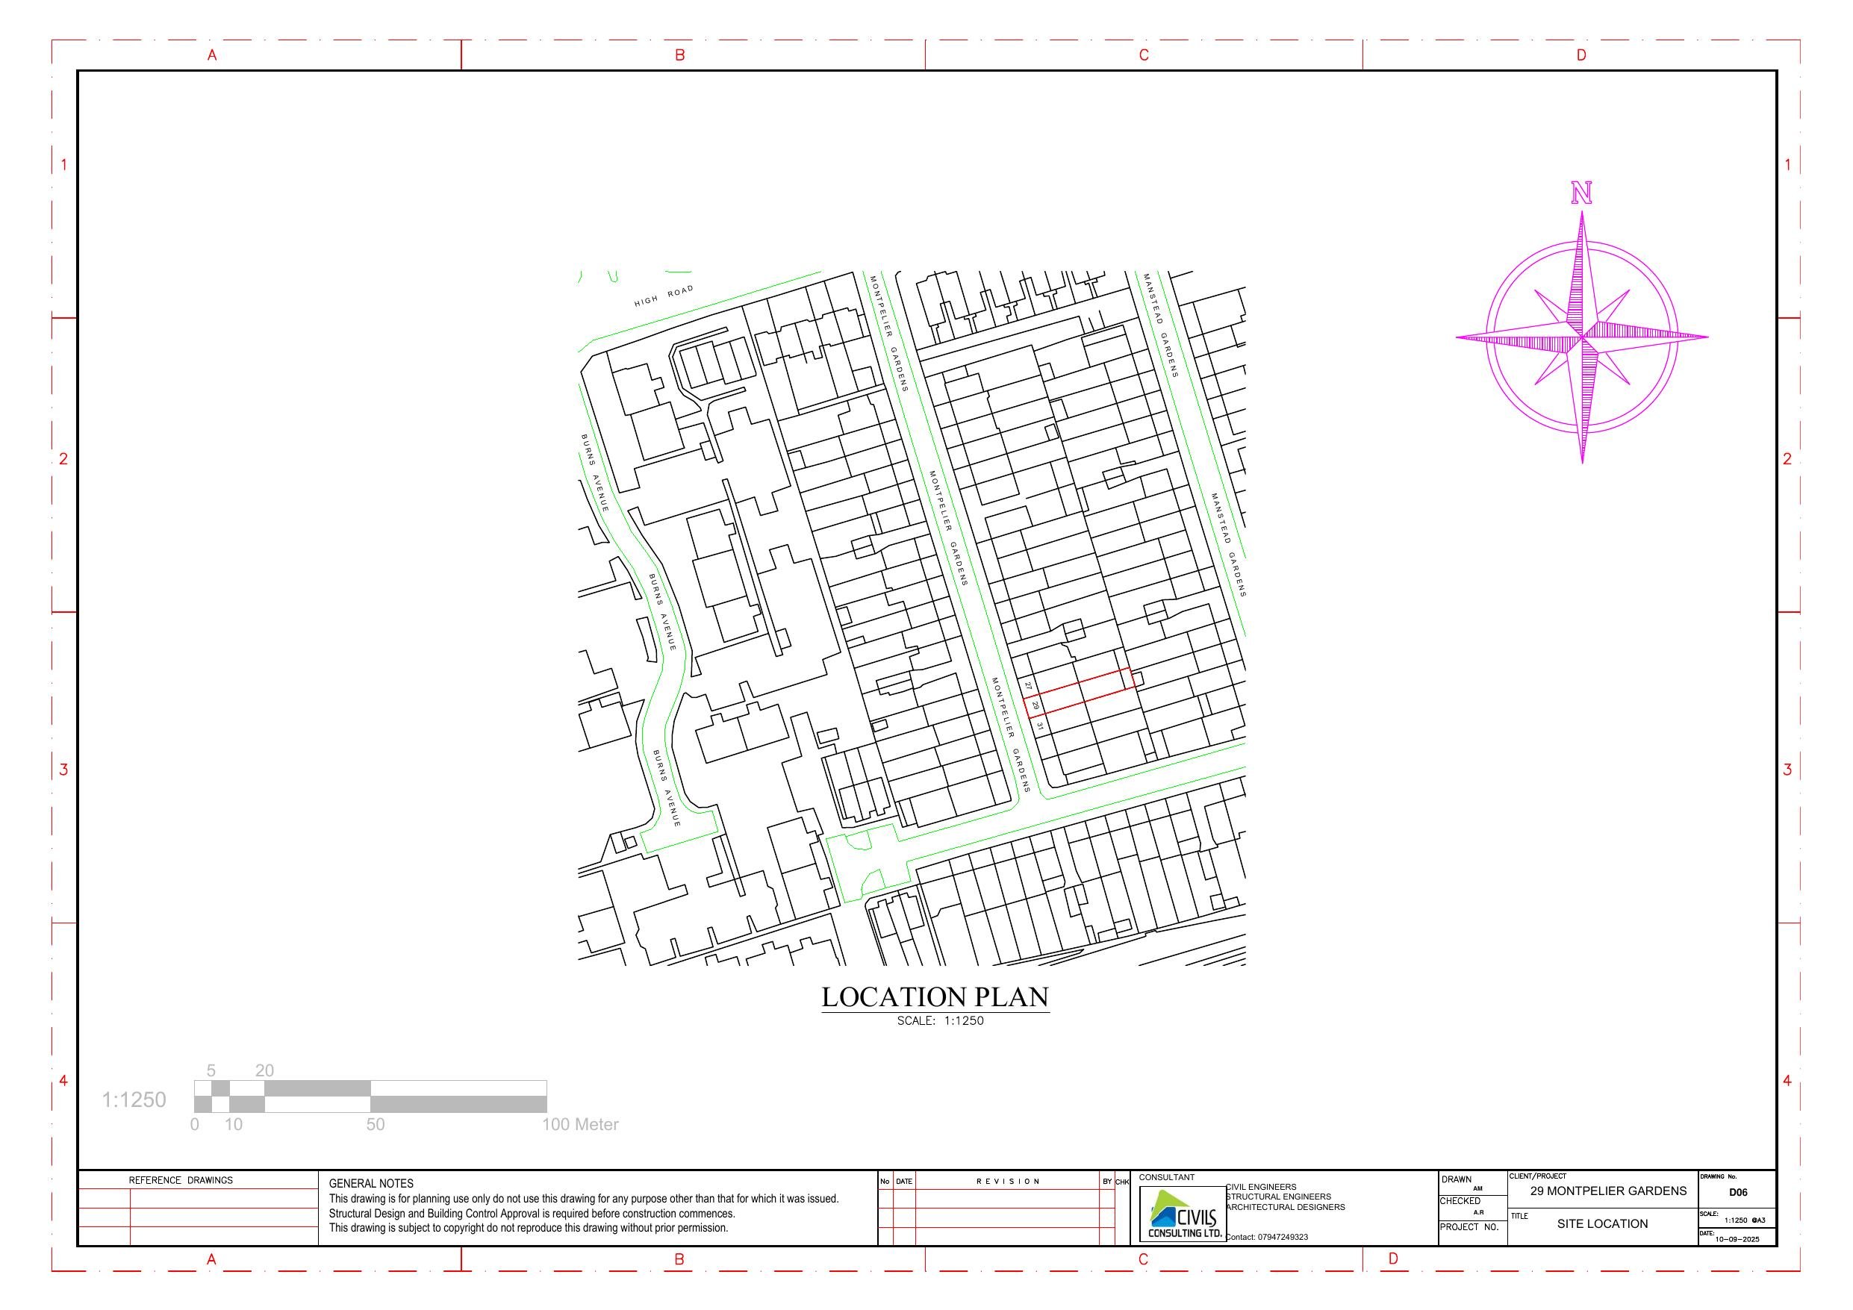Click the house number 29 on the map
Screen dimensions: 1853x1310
[x=1035, y=705]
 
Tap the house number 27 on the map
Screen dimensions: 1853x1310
[x=1028, y=685]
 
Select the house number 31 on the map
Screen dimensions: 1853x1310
[x=1040, y=726]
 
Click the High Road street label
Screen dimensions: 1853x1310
[x=664, y=296]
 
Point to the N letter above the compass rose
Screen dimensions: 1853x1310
[x=1581, y=194]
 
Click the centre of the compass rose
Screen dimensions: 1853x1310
[x=1582, y=337]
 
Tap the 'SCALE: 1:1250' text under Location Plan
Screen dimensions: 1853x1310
[x=940, y=1021]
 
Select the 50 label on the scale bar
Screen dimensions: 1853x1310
[x=376, y=1124]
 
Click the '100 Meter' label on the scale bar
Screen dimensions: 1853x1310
[x=580, y=1124]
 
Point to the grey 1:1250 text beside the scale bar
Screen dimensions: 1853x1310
[x=134, y=1100]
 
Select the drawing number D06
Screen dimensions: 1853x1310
[x=1737, y=1192]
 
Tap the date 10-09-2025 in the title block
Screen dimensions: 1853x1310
[x=1737, y=1239]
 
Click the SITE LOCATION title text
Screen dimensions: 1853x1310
[x=1602, y=1223]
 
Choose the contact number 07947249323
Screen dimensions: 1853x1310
[x=1283, y=1237]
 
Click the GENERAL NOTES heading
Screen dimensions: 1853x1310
[x=371, y=1183]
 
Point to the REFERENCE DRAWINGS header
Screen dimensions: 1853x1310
[x=181, y=1180]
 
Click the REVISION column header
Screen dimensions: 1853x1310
[x=1008, y=1182]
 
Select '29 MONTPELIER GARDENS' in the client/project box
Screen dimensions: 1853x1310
[x=1607, y=1191]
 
